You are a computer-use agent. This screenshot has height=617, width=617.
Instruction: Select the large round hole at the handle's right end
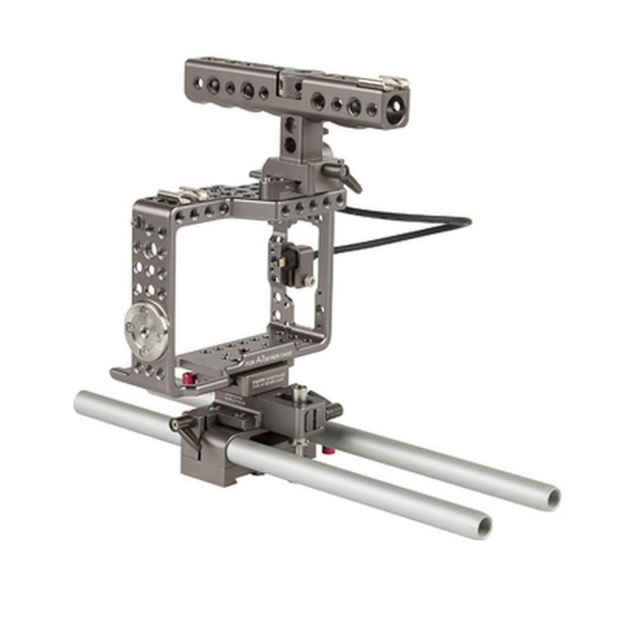click(391, 109)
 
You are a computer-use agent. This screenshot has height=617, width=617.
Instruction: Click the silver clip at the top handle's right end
click(394, 81)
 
